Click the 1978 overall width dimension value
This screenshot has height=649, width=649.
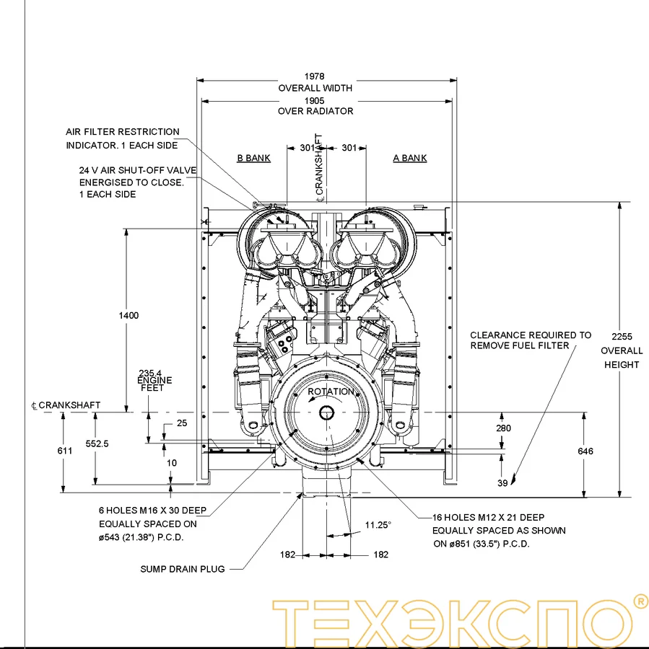click(315, 76)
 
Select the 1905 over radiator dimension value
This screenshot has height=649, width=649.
click(315, 100)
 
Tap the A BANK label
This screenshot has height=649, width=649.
click(409, 158)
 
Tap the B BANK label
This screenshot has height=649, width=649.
click(253, 158)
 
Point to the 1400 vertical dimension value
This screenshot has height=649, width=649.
click(129, 315)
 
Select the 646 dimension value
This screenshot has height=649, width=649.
click(585, 451)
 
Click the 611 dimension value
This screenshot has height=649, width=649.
click(65, 450)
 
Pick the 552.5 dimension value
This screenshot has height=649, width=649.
click(96, 444)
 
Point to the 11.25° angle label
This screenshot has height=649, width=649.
click(378, 525)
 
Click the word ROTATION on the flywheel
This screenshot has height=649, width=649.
click(331, 392)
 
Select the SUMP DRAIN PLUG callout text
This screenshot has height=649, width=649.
click(182, 569)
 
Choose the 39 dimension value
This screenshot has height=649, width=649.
click(502, 483)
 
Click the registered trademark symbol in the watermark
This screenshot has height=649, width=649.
click(640, 601)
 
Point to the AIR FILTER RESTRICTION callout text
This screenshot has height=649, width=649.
click(123, 132)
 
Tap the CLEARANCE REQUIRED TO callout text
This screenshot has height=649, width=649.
click(530, 335)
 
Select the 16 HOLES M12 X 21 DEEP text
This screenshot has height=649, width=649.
click(489, 517)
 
